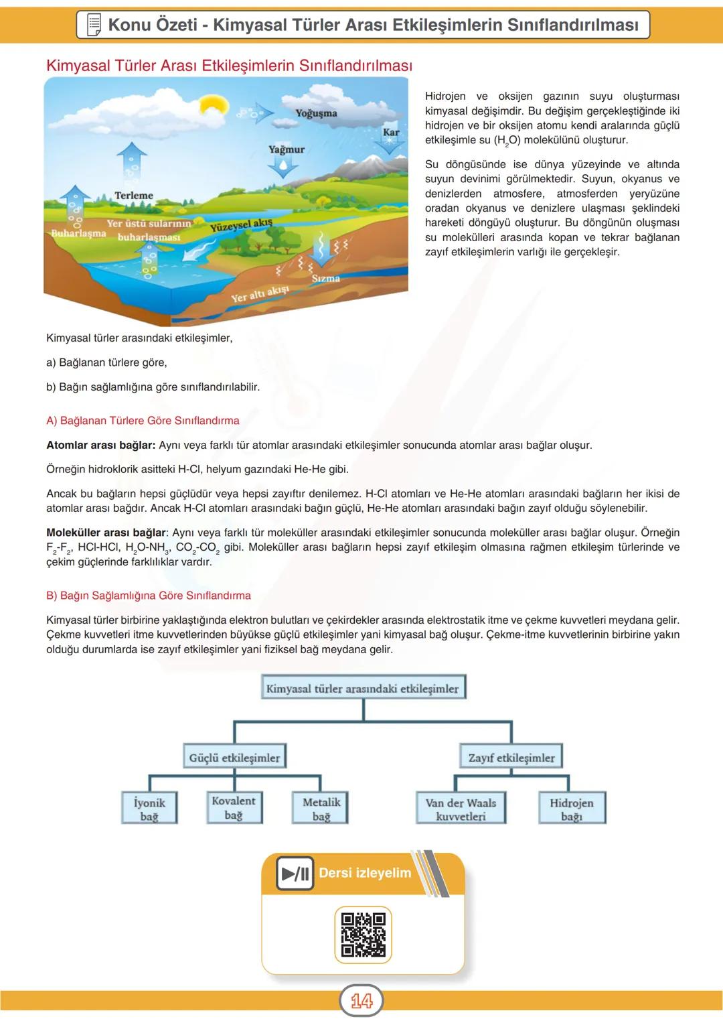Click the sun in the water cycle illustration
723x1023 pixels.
click(214, 106)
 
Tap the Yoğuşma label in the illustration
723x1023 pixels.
click(316, 113)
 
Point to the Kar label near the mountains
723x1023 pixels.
click(391, 133)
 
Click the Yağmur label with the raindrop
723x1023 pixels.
click(287, 149)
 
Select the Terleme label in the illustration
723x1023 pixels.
click(134, 196)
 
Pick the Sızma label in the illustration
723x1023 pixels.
click(326, 278)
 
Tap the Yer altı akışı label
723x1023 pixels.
click(260, 293)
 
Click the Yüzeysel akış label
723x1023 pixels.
click(241, 225)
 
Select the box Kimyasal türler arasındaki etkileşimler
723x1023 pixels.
click(363, 688)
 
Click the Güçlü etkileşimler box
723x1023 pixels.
click(234, 758)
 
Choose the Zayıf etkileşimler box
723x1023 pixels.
click(511, 758)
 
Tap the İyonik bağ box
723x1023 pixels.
click(149, 809)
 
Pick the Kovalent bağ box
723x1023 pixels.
click(233, 807)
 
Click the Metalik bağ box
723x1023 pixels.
click(321, 809)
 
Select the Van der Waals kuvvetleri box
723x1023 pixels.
click(461, 809)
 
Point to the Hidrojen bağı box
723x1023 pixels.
click(572, 809)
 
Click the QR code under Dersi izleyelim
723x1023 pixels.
click(363, 934)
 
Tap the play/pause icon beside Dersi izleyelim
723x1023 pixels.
click(295, 874)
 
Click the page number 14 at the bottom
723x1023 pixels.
click(361, 1001)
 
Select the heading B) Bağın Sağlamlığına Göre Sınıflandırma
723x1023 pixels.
click(149, 596)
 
